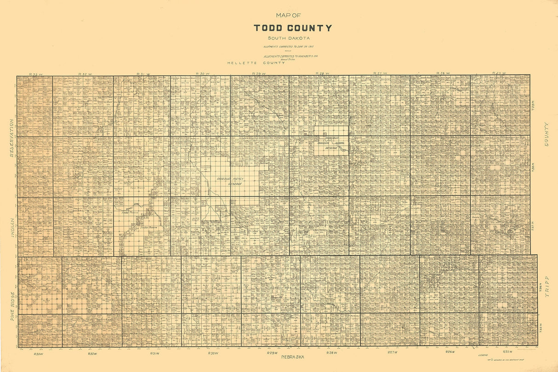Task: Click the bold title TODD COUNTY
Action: pyautogui.click(x=293, y=28)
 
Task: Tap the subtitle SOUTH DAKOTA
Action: pyautogui.click(x=293, y=38)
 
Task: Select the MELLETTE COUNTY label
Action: pyautogui.click(x=256, y=63)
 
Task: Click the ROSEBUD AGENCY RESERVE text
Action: pyautogui.click(x=230, y=180)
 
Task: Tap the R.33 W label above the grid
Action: pyautogui.click(x=35, y=74)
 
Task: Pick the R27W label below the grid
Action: pyautogui.click(x=392, y=352)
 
